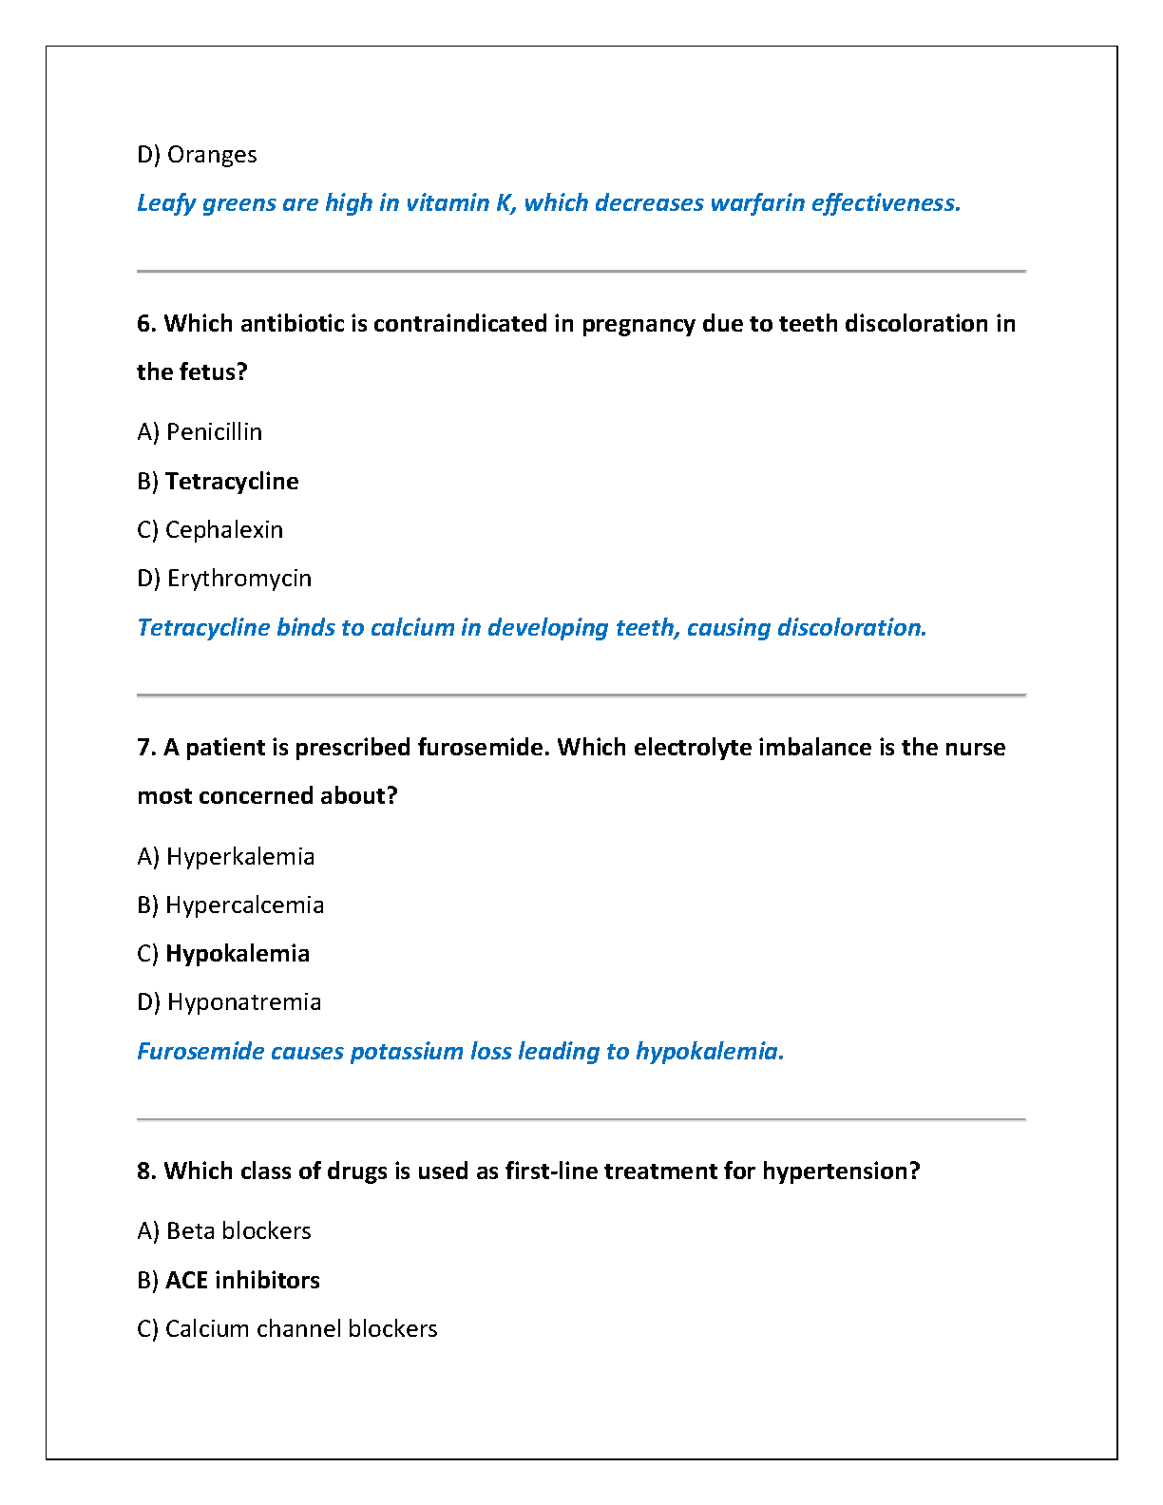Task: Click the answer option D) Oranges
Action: (x=197, y=155)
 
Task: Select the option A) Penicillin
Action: (x=200, y=432)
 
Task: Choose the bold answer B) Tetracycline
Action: (x=218, y=482)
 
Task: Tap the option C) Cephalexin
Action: (x=210, y=530)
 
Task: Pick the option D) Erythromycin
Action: (x=224, y=579)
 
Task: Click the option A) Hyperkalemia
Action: (x=225, y=857)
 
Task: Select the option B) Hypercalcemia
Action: (x=230, y=905)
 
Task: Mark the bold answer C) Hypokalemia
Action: (x=223, y=954)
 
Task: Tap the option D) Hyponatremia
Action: (x=229, y=1002)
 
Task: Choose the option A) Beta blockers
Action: (x=224, y=1231)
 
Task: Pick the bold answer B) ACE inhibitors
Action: (x=228, y=1281)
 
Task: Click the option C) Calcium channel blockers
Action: (x=287, y=1329)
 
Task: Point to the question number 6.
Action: (x=145, y=324)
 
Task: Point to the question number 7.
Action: (x=145, y=748)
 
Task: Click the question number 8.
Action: (x=145, y=1172)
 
